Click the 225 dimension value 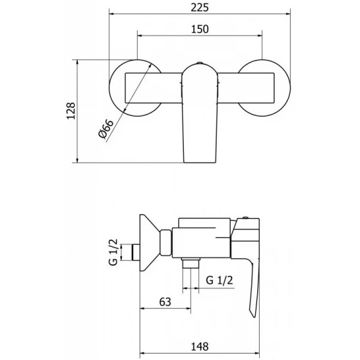200,8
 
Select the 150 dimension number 200,29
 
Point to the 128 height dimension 71,111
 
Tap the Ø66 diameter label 106,129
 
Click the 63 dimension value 165,302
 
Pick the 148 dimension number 200,346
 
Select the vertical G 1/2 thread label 113,252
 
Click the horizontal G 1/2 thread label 219,280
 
